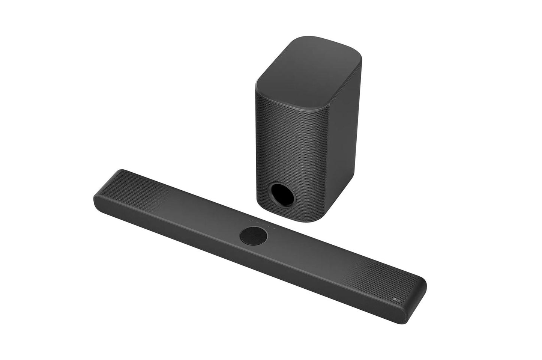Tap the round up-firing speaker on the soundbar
(253, 236)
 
